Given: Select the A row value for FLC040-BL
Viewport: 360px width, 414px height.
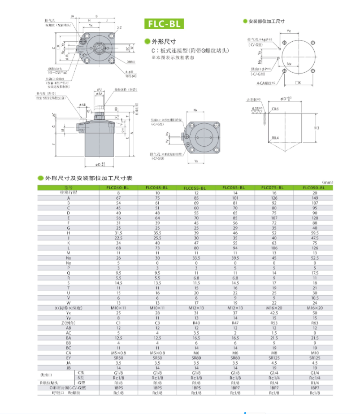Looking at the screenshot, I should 119,197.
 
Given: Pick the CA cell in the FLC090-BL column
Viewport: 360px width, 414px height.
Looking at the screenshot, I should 313,352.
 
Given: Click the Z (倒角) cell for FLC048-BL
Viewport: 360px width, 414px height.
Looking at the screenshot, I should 157,322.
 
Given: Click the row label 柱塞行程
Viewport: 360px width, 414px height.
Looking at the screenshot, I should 69,192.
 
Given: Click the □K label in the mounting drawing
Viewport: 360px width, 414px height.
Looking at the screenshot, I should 298,83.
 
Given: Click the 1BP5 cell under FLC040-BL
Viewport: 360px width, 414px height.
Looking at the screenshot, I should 119,388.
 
